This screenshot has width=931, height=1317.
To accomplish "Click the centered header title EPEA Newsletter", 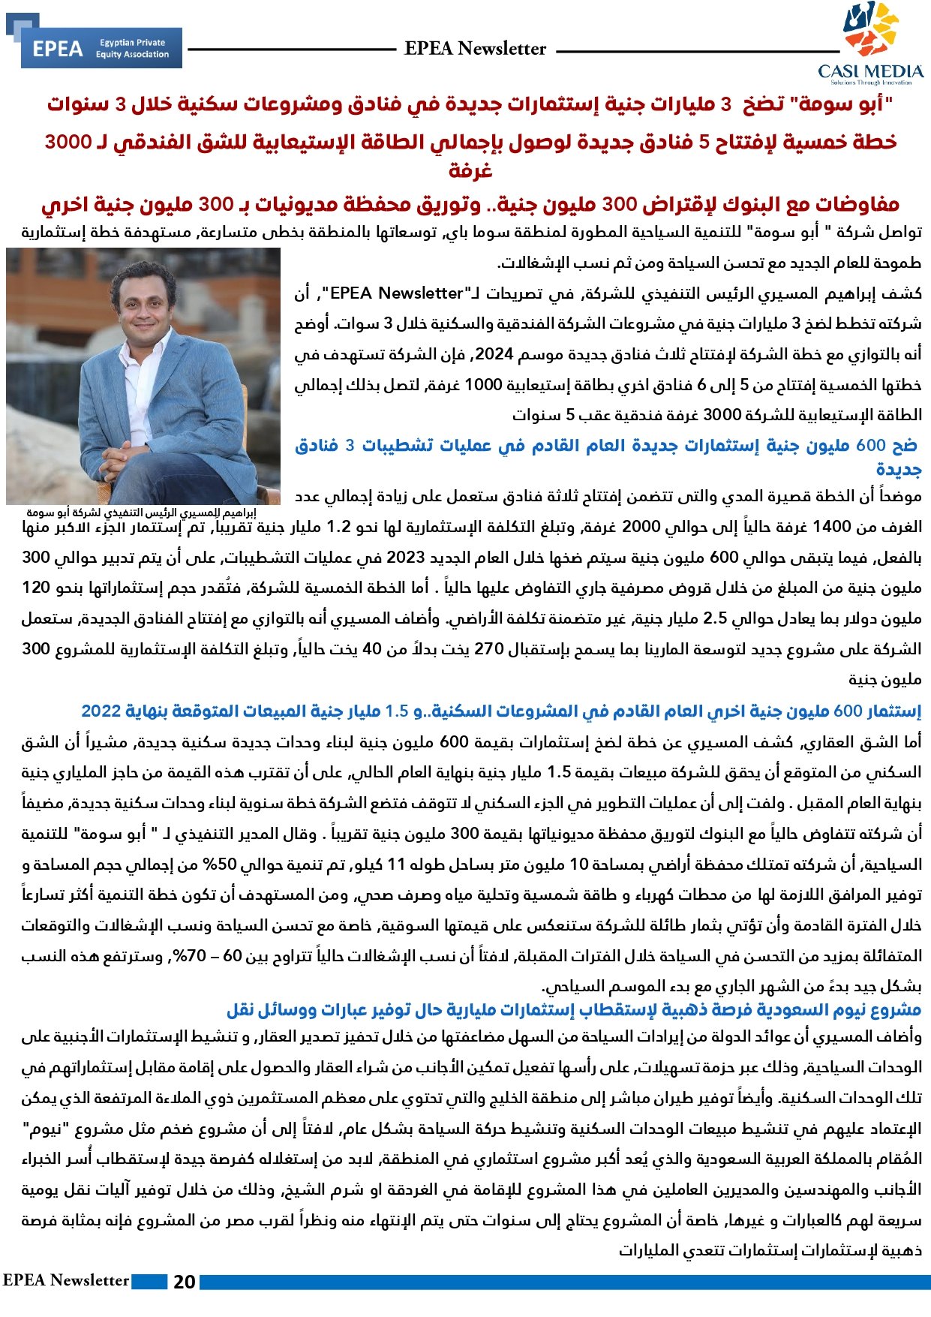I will click(x=475, y=49).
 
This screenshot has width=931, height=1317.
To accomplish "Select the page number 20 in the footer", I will click(x=184, y=1282).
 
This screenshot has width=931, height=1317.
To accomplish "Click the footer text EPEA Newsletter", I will click(x=66, y=1280).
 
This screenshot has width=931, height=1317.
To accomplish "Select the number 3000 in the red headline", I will click(x=68, y=142).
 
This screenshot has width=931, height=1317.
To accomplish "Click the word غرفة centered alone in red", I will click(x=470, y=171).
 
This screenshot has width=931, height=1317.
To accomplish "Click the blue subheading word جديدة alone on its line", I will click(x=899, y=469).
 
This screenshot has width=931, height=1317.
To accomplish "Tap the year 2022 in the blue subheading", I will click(x=101, y=711).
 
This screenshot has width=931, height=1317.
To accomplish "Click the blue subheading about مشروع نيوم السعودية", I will click(x=574, y=1009).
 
